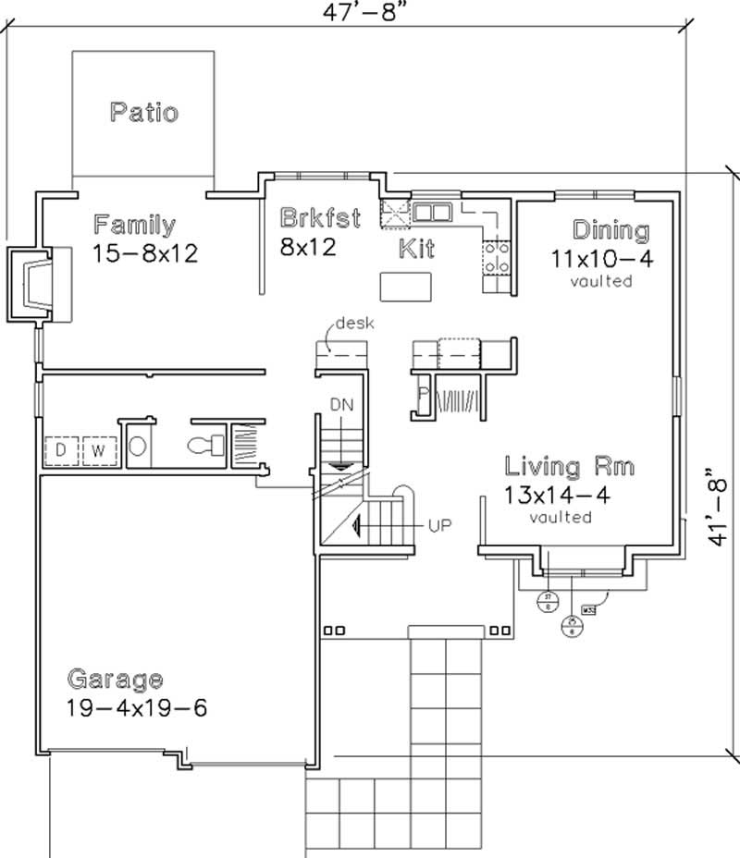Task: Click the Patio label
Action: (143, 113)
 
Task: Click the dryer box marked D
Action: (61, 450)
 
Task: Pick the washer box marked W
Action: (97, 450)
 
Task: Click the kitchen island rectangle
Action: (403, 287)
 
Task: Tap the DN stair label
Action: (341, 404)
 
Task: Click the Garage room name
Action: (115, 680)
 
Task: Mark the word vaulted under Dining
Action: (601, 280)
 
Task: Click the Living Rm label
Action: (569, 466)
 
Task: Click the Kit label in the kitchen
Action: (416, 248)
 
